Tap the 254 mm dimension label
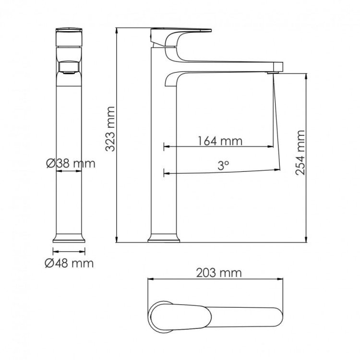(300, 153)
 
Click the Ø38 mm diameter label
(71, 163)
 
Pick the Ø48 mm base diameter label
(70, 263)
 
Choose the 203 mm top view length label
(219, 273)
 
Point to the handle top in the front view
(69, 30)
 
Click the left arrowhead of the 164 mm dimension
(166, 146)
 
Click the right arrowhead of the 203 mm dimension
(287, 279)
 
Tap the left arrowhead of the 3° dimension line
(166, 173)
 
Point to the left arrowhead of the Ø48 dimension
(54, 251)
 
